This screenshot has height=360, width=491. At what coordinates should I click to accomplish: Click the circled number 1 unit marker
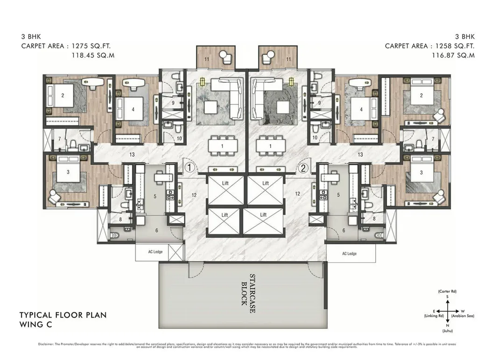pyautogui.click(x=189, y=166)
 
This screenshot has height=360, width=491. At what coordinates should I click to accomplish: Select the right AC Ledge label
pyautogui.click(x=349, y=254)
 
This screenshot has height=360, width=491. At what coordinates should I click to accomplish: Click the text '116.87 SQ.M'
pyautogui.click(x=453, y=55)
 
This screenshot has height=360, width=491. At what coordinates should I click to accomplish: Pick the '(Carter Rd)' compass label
pyautogui.click(x=447, y=291)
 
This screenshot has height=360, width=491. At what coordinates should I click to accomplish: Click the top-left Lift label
pyautogui.click(x=225, y=183)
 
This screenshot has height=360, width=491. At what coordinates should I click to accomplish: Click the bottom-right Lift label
pyautogui.click(x=263, y=215)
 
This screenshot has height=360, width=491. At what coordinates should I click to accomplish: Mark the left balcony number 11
pyautogui.click(x=206, y=59)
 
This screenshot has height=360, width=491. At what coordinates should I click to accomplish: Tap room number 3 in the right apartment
pyautogui.click(x=421, y=173)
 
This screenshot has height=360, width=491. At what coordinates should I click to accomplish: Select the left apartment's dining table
pyautogui.click(x=222, y=146)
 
